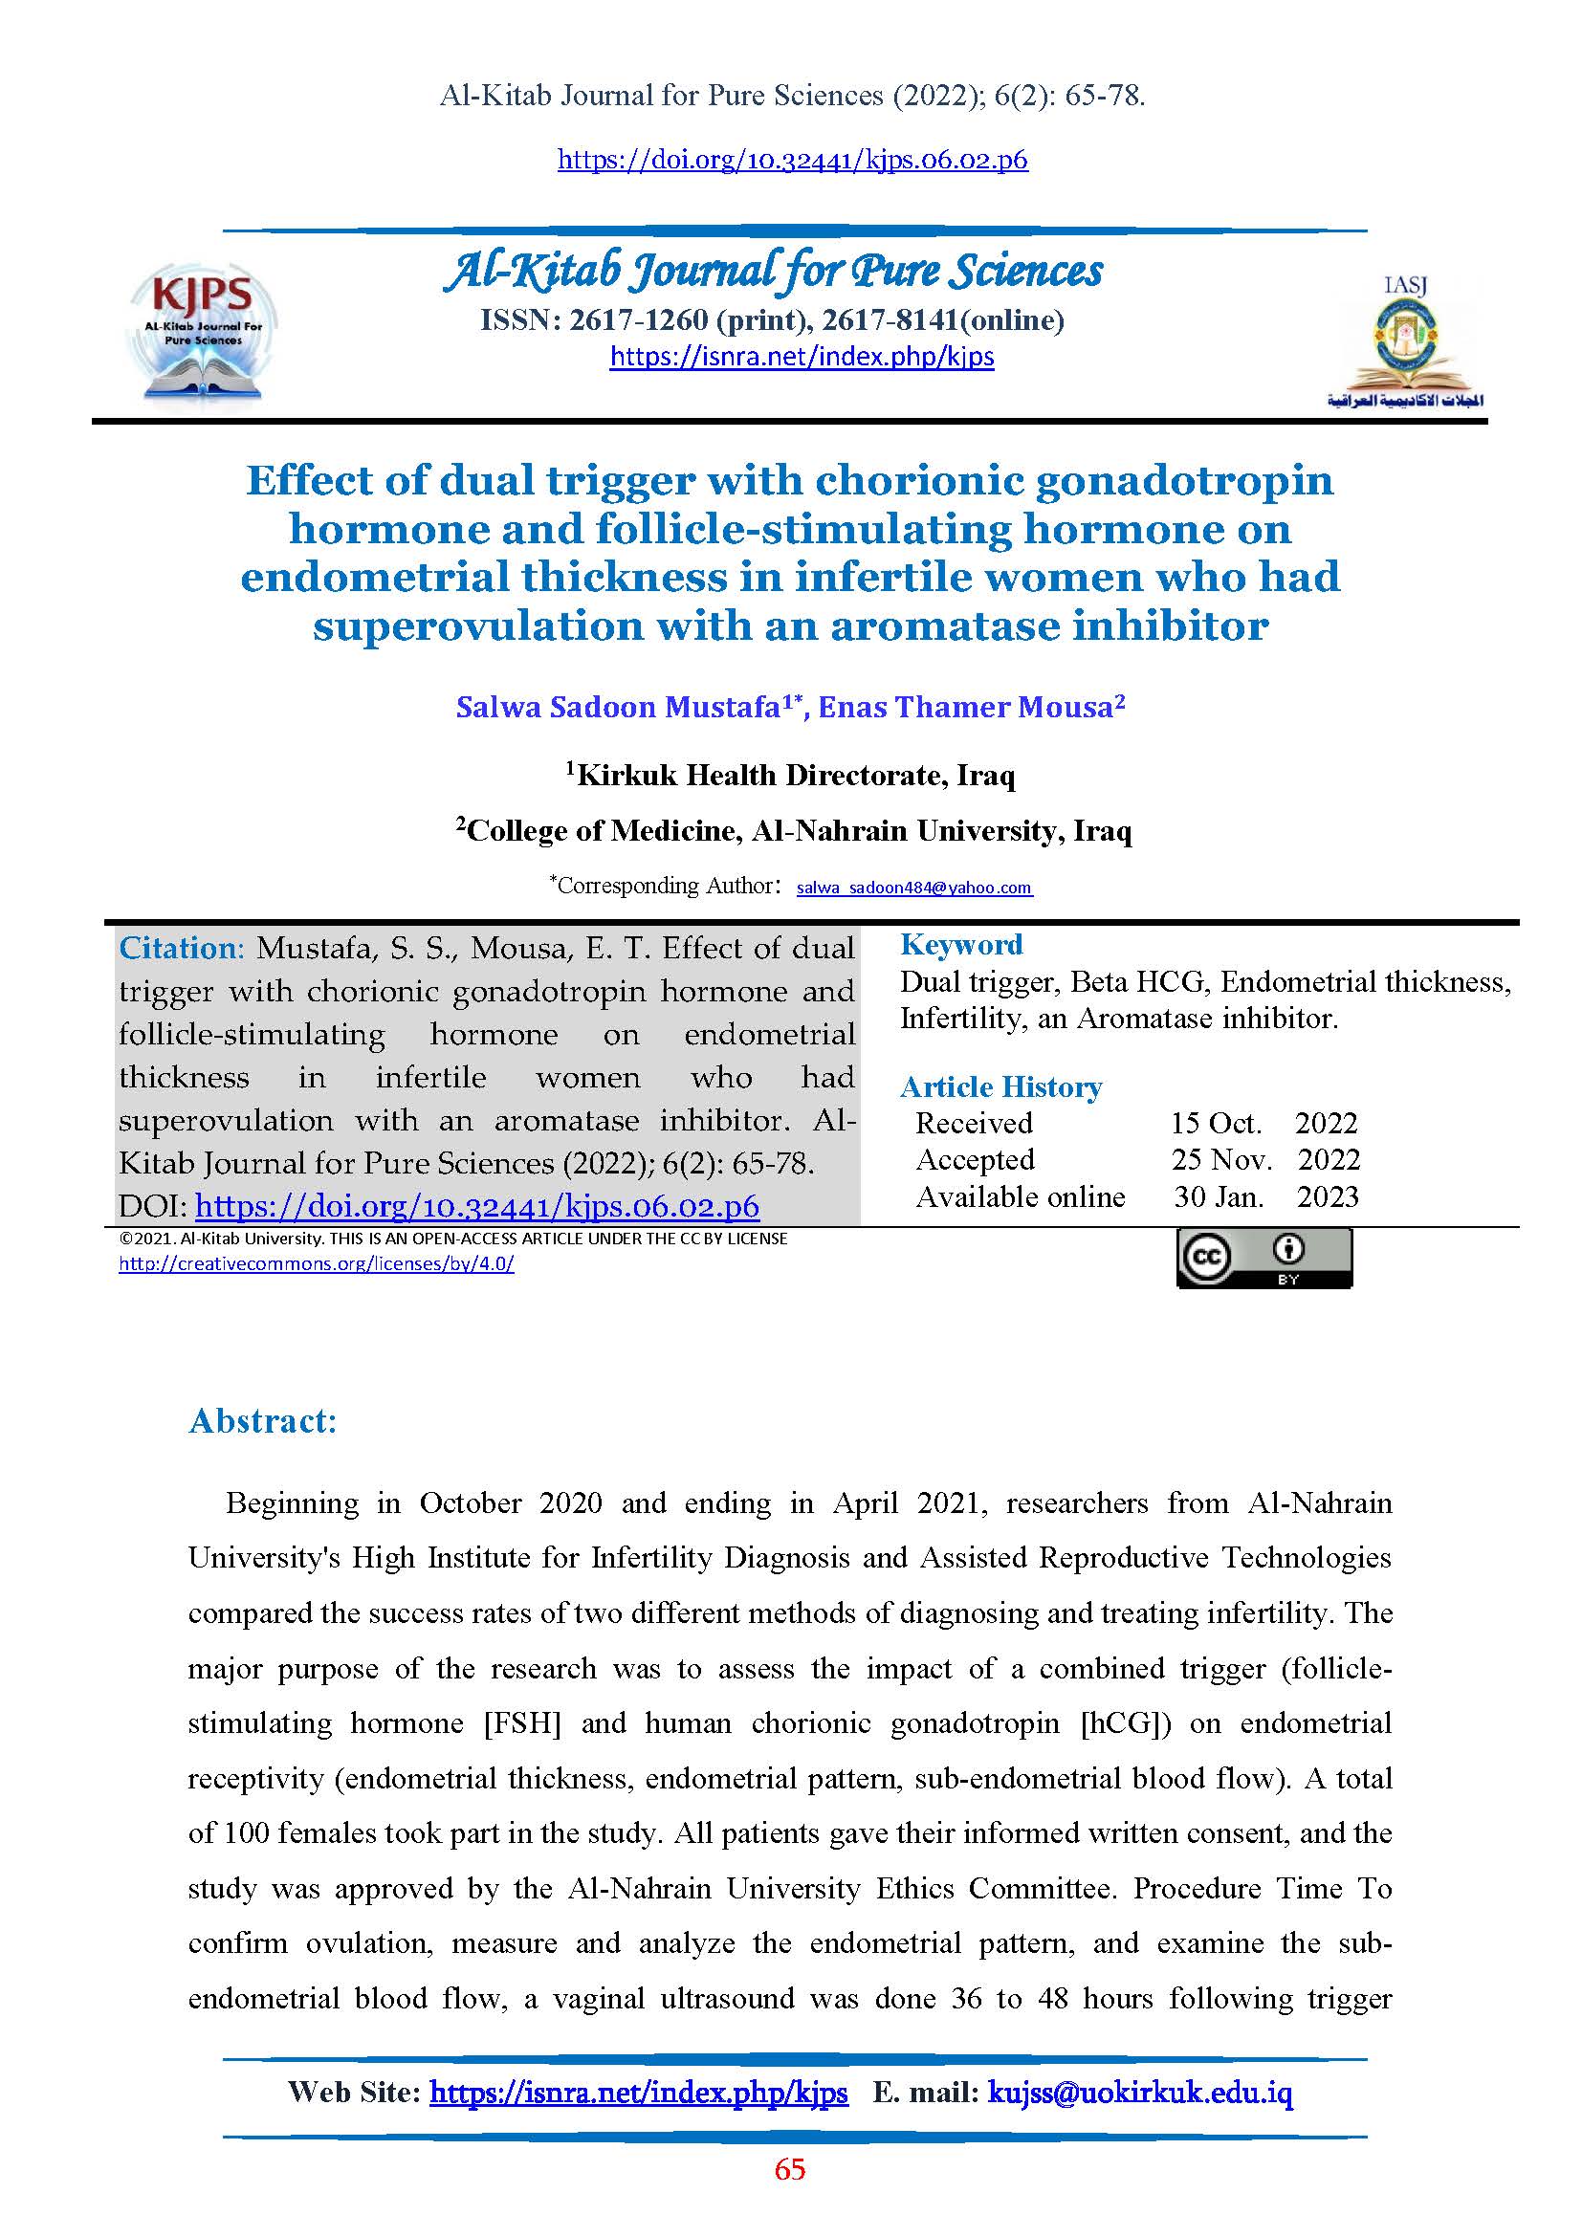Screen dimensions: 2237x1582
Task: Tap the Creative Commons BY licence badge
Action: pyautogui.click(x=1263, y=1259)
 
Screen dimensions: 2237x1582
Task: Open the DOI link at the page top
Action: pyautogui.click(x=792, y=159)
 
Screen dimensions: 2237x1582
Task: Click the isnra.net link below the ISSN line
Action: pyautogui.click(x=802, y=357)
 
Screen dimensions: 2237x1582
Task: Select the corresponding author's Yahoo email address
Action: pyautogui.click(x=913, y=888)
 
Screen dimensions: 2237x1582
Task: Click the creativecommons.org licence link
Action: pyautogui.click(x=316, y=1263)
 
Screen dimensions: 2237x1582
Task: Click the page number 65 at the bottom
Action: pyautogui.click(x=790, y=2169)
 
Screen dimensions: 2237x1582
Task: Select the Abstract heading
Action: pyautogui.click(x=262, y=1420)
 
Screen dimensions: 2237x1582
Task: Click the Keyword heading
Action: pyautogui.click(x=960, y=944)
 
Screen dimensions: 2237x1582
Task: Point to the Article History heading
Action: pyautogui.click(x=1000, y=1086)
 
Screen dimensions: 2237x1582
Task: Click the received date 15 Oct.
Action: pyautogui.click(x=1215, y=1124)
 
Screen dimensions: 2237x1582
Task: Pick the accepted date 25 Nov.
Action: pyautogui.click(x=1221, y=1159)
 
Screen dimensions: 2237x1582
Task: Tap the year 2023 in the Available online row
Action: pyautogui.click(x=1327, y=1196)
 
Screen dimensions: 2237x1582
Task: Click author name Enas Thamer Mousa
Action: pyautogui.click(x=970, y=708)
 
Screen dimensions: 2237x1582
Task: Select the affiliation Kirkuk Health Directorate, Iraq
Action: pyautogui.click(x=795, y=776)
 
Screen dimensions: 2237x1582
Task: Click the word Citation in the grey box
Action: pyautogui.click(x=178, y=948)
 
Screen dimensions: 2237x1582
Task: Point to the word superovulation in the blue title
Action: pyautogui.click(x=477, y=625)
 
